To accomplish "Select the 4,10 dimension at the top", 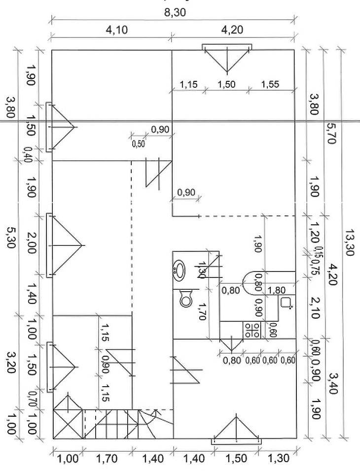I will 117,30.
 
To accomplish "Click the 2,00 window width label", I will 31,244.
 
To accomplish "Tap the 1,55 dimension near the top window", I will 270,84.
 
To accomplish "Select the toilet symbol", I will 186,298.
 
